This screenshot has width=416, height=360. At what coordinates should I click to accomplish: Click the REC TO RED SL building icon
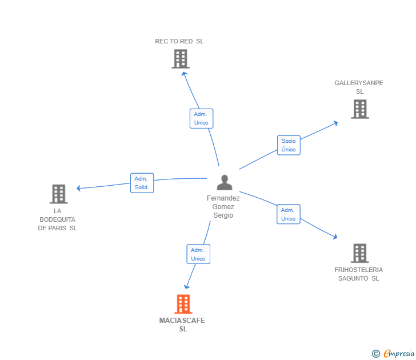tap(180, 58)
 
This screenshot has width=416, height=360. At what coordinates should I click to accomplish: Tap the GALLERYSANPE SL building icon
tap(359, 109)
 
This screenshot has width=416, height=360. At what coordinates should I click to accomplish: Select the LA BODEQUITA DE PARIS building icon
tap(58, 194)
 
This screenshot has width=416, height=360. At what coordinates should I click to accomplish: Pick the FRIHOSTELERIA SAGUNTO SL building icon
tap(359, 253)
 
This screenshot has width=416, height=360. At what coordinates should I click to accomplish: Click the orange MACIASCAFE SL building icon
tap(182, 304)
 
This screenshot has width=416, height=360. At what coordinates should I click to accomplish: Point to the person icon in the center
tap(225, 182)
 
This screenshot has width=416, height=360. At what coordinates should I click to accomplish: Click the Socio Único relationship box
tap(289, 145)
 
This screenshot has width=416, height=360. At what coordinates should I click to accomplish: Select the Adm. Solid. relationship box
tap(142, 183)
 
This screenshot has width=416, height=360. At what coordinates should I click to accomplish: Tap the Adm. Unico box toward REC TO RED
tap(201, 118)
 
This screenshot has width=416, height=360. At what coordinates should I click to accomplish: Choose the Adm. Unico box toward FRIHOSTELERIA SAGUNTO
tap(289, 214)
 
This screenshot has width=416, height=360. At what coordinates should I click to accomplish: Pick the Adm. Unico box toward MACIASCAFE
tap(198, 254)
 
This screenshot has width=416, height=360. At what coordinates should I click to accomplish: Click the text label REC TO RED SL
tap(179, 41)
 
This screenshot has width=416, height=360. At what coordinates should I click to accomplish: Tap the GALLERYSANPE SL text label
tap(359, 87)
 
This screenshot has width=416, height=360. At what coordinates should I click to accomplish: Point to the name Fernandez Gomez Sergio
tap(223, 207)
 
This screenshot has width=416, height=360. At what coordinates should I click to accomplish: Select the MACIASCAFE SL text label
tap(182, 325)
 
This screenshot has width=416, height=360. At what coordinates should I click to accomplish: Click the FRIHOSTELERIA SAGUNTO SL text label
tap(359, 274)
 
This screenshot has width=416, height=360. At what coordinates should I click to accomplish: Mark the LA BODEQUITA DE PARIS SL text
tap(57, 219)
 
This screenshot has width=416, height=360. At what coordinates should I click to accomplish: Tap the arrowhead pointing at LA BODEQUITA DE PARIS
tap(79, 188)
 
